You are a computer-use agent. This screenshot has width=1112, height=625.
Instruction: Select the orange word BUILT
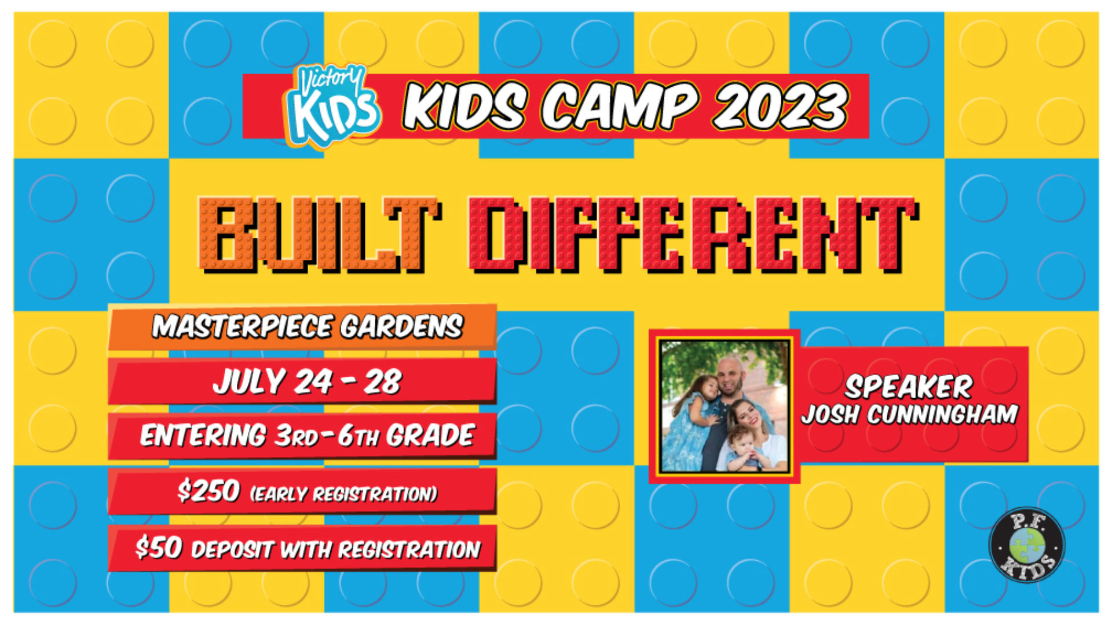pos(318,235)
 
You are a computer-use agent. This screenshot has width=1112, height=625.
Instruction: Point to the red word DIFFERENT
pos(693,235)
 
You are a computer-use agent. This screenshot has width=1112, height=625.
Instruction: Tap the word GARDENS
pos(401,327)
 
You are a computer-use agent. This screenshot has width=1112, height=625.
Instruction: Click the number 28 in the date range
pos(382,382)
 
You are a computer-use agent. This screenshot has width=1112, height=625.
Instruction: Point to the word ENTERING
pos(203,435)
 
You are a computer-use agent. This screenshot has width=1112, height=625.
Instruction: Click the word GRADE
pos(430,435)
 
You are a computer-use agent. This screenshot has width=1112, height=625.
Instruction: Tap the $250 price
pos(209,491)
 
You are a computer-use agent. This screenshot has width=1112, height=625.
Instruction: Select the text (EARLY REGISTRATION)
pos(343,494)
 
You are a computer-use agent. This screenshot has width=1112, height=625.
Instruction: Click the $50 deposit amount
pos(159,547)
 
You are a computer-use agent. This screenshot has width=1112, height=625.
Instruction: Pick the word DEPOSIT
pos(232,550)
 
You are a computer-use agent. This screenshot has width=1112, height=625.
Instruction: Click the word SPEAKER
pos(908,387)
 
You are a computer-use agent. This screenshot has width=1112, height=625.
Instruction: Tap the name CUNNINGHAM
pos(942,414)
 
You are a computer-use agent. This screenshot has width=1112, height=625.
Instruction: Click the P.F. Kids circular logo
pos(1027,544)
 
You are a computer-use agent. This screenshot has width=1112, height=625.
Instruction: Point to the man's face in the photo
pos(731,376)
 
